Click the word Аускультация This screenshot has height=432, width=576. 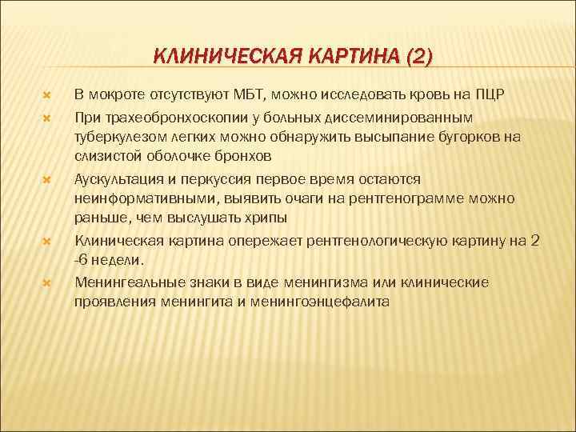click(x=119, y=179)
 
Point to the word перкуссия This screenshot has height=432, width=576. click(x=217, y=179)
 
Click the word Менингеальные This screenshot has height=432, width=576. click(x=124, y=283)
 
